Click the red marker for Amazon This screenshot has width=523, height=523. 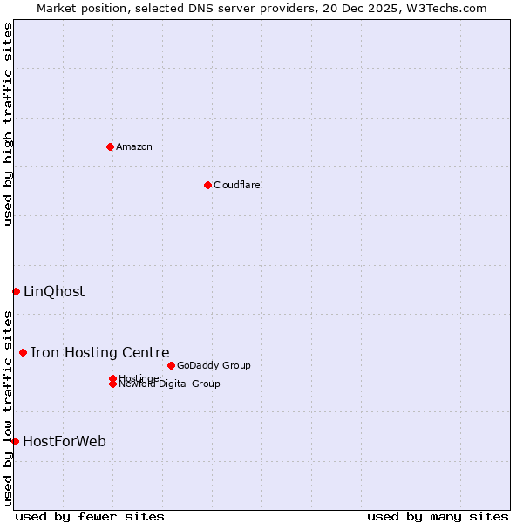[x=110, y=146]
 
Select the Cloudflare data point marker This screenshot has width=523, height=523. [x=207, y=185]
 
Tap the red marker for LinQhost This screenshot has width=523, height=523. [x=16, y=291]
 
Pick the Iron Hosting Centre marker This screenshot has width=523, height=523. [x=23, y=352]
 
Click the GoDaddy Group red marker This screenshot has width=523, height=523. [x=171, y=365]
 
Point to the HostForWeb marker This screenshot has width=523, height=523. [x=15, y=441]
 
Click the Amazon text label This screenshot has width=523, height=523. [x=134, y=146]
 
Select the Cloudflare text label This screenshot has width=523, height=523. [x=236, y=185]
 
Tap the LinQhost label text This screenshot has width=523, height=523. [x=54, y=292]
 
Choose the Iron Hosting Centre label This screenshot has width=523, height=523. [x=100, y=352]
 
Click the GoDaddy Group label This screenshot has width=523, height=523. [x=214, y=365]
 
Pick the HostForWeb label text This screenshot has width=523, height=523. [x=65, y=442]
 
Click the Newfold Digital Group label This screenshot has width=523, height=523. [x=170, y=384]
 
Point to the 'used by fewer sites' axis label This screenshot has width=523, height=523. [x=90, y=516]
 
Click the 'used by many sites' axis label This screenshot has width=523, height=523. [x=438, y=516]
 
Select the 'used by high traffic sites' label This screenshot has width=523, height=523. [x=8, y=124]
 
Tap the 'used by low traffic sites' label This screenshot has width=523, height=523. [x=8, y=408]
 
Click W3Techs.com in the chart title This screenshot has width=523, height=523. [x=446, y=8]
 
